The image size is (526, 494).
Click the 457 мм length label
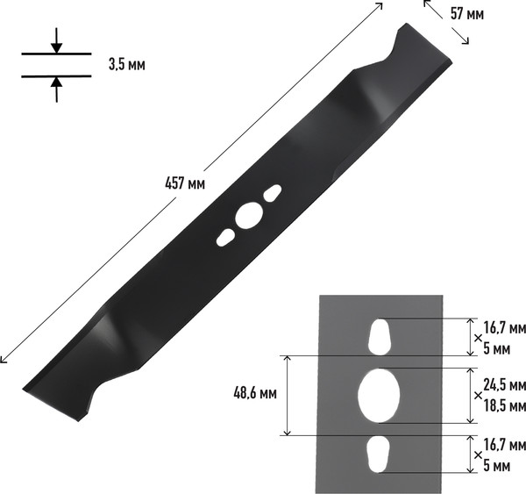[185, 183]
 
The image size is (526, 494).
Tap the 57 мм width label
[467, 14]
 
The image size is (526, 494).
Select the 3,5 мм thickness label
[127, 64]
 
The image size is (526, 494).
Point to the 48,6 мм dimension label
[255, 393]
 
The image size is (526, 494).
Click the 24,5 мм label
[504, 385]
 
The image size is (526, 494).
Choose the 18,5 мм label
[504, 406]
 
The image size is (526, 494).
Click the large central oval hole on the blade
[249, 216]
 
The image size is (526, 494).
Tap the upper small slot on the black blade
[273, 193]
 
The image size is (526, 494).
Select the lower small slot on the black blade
[225, 238]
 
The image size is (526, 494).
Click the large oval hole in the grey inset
[379, 395]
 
